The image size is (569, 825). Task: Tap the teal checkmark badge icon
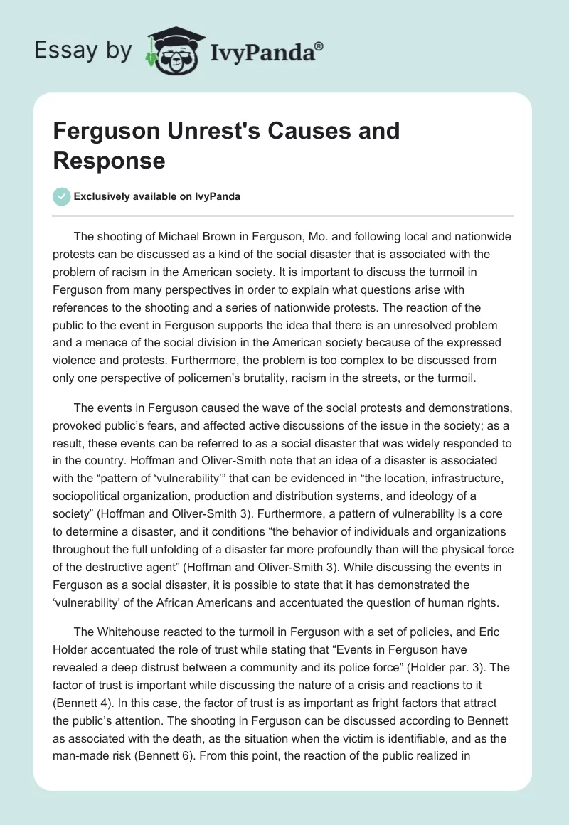pos(62,197)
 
